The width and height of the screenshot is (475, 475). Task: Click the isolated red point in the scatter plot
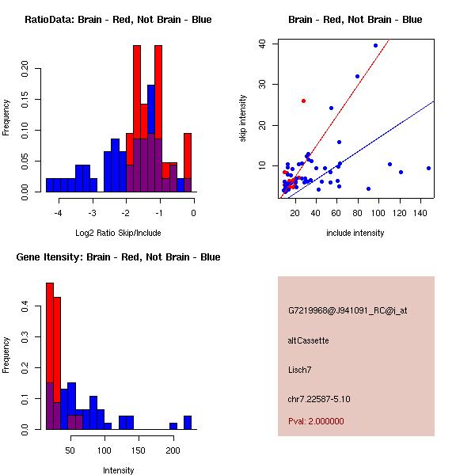point(303,101)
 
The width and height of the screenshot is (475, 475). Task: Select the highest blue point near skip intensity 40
point(375,46)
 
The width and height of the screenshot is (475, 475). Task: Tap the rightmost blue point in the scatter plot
point(428,168)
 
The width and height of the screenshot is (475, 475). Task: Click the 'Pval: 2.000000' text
point(316,421)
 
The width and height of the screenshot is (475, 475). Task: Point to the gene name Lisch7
point(299,370)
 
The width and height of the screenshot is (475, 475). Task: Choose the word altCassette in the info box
point(309,340)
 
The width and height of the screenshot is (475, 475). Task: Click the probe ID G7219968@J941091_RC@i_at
point(348,311)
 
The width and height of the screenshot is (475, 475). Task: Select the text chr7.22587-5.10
point(319,399)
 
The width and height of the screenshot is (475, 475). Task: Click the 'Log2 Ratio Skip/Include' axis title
point(118,233)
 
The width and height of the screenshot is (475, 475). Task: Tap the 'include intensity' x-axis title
point(355,233)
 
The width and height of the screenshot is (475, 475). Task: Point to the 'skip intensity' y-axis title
point(243,118)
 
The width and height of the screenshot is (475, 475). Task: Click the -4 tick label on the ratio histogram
point(58,213)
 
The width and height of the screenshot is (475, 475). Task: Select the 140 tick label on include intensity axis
point(420,213)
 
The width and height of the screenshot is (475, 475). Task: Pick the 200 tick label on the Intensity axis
point(173,450)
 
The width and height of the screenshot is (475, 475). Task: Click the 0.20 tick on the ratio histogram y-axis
point(25,69)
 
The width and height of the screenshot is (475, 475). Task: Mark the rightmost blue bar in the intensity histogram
point(188,423)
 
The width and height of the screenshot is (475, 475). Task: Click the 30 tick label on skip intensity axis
point(262,84)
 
